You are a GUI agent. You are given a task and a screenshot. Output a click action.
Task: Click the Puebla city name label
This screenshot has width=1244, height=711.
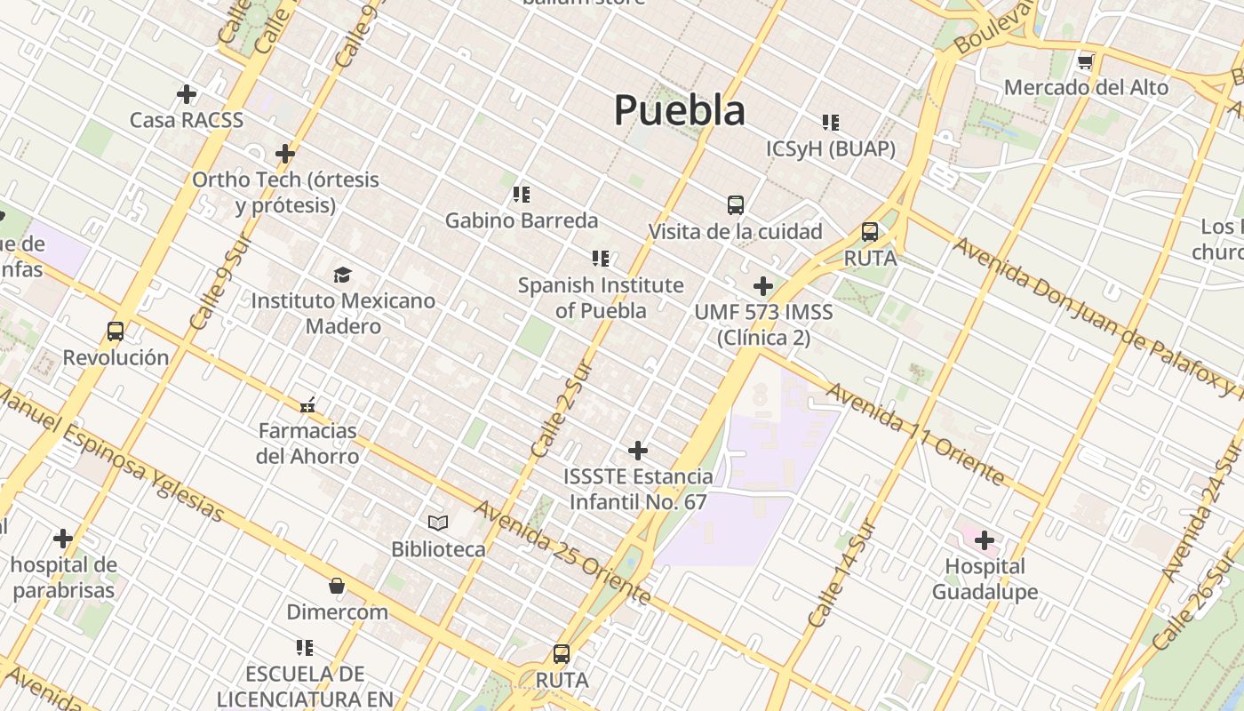pyautogui.click(x=680, y=111)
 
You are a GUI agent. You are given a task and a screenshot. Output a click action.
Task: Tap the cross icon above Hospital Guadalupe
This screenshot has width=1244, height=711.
pyautogui.click(x=985, y=539)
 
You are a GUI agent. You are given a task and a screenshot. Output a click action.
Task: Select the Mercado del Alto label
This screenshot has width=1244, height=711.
pyautogui.click(x=1086, y=88)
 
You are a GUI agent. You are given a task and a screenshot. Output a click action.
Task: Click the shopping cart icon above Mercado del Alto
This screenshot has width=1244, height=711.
pyautogui.click(x=1085, y=62)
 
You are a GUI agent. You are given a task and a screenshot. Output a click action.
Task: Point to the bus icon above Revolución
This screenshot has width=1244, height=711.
pyautogui.click(x=116, y=332)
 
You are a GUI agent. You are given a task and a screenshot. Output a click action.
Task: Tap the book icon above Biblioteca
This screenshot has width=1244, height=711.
pyautogui.click(x=438, y=523)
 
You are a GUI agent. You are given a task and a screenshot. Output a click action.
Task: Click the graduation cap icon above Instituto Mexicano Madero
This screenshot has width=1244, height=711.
pyautogui.click(x=342, y=275)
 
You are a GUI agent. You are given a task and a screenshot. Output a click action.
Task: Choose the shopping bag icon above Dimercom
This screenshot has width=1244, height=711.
pyautogui.click(x=337, y=586)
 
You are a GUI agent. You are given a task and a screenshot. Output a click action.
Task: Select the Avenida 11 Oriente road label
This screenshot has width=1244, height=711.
pyautogui.click(x=915, y=435)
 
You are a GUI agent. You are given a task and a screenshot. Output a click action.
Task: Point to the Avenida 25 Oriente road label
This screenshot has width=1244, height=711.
pyautogui.click(x=563, y=553)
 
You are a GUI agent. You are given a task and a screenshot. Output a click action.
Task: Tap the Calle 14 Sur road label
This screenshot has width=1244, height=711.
pyautogui.click(x=841, y=573)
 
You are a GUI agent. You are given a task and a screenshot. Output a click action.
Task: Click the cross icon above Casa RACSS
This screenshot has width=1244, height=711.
pyautogui.click(x=187, y=93)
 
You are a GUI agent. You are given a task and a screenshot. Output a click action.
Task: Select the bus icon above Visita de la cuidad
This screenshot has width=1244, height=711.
pyautogui.click(x=736, y=205)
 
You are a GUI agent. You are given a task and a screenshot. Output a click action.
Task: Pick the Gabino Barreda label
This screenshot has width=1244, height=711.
pyautogui.click(x=522, y=220)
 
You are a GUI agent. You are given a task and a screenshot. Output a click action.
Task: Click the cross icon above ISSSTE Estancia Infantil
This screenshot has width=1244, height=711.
pyautogui.click(x=638, y=451)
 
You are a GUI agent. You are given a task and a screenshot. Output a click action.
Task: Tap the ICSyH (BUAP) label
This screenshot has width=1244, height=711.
pyautogui.click(x=831, y=149)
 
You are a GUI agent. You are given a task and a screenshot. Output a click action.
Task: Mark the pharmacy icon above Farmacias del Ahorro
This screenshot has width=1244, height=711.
pyautogui.click(x=307, y=405)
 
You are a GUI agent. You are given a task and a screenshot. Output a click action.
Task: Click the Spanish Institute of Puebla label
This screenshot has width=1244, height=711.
pyautogui.click(x=601, y=298)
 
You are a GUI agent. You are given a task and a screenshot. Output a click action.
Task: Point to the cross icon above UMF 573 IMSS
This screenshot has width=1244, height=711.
pyautogui.click(x=763, y=286)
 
